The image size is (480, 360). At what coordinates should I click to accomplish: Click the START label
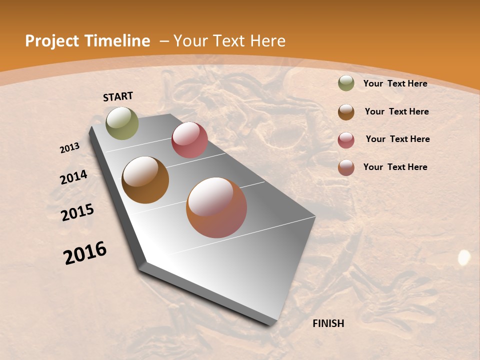coord(118,96)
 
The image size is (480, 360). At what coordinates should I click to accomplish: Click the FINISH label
coord(328,323)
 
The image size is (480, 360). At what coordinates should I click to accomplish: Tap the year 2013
coord(70,147)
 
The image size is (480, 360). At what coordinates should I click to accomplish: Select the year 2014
coord(74,177)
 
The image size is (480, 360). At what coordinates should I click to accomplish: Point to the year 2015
coord(77,212)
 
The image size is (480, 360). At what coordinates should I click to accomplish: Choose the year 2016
coord(85,252)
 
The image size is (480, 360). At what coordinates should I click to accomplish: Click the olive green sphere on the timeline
coord(122,123)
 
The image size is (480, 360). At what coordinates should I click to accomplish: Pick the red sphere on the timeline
coord(189,140)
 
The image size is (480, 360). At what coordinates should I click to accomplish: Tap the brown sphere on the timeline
coord(145,180)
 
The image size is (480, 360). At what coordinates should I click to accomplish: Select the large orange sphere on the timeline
coord(216,207)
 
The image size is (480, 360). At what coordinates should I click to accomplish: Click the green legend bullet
coord(346,83)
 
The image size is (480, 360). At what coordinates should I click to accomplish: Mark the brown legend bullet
coord(346,112)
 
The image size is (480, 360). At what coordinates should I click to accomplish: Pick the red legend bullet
coord(346,140)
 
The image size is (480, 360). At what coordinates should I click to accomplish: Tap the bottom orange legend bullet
coord(346,167)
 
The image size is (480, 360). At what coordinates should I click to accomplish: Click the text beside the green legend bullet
coord(395,83)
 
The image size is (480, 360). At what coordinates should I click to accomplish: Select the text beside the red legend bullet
coord(397,139)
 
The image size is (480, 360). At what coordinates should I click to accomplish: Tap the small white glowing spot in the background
coord(464,257)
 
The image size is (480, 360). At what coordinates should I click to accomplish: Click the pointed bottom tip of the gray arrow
coord(272,324)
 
